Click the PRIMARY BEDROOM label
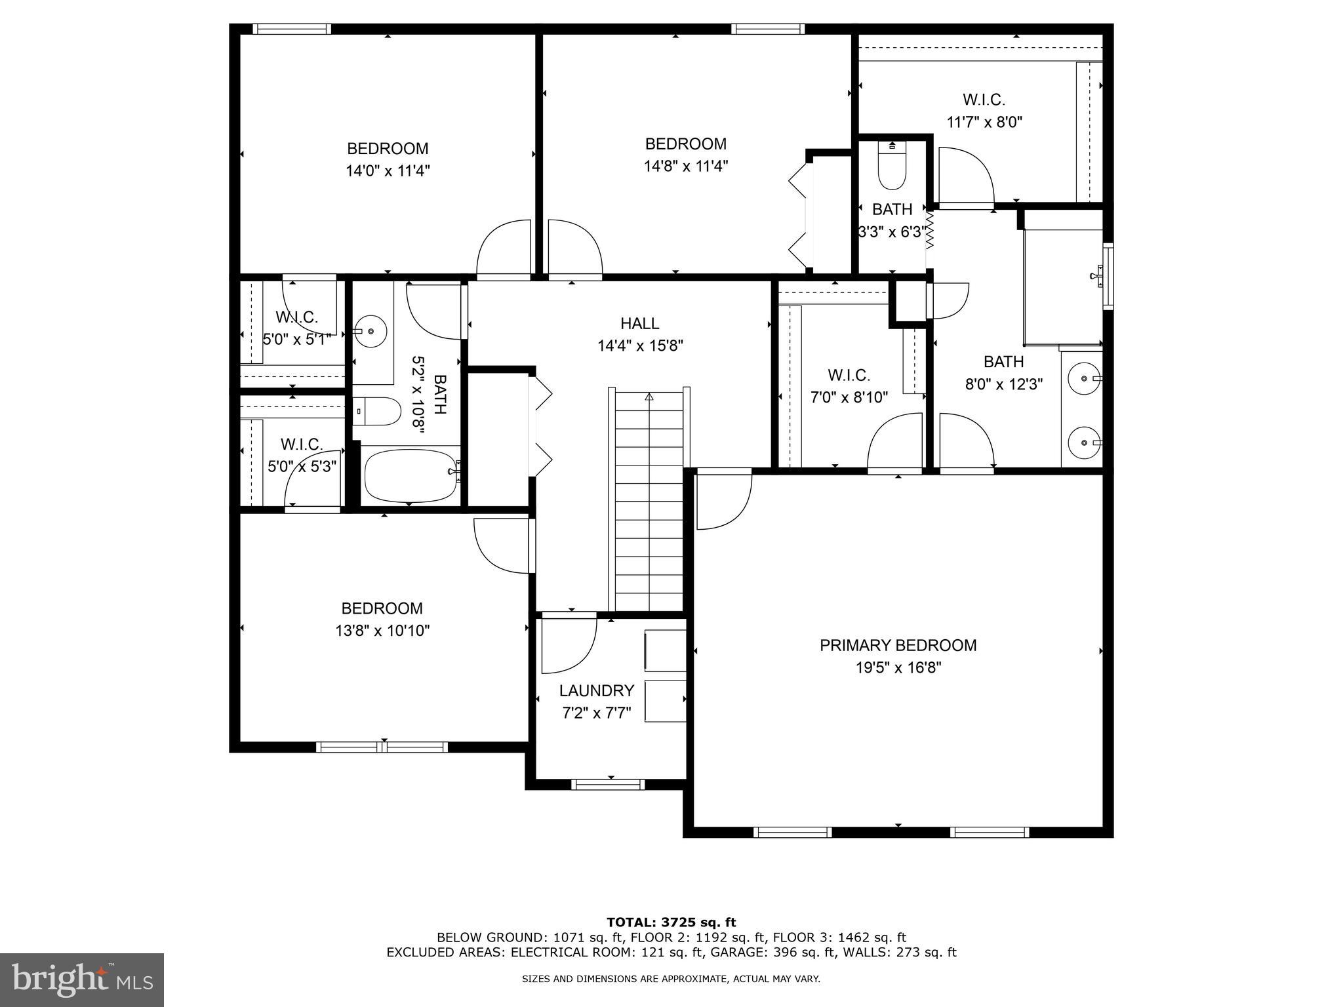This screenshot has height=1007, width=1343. pyautogui.click(x=898, y=645)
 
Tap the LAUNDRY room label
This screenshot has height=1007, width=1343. pyautogui.click(x=596, y=690)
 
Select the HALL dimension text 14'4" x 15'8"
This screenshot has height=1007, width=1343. pyautogui.click(x=640, y=346)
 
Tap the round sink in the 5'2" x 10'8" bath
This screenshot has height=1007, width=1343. pyautogui.click(x=371, y=332)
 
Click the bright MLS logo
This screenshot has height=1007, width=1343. pyautogui.click(x=82, y=979)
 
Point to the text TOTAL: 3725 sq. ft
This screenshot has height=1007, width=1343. pyautogui.click(x=671, y=922)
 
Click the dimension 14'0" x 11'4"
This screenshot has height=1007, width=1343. pyautogui.click(x=388, y=171)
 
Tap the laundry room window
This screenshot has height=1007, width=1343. pyautogui.click(x=608, y=784)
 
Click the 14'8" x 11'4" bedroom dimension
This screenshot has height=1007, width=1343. pyautogui.click(x=686, y=166)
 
